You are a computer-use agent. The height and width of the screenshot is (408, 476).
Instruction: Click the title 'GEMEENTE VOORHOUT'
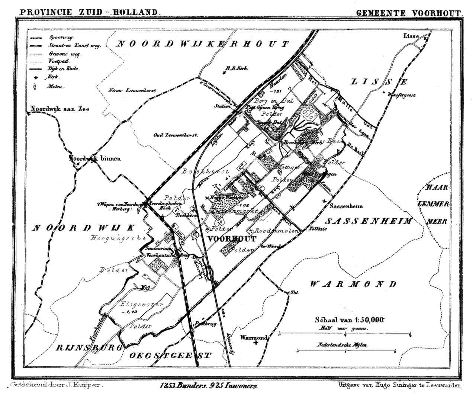(409, 12)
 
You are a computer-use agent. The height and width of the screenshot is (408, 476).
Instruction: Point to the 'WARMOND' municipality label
(353, 285)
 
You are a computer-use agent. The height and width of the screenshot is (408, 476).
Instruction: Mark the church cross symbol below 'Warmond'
(255, 344)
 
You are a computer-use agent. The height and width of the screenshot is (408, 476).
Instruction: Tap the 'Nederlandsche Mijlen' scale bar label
(341, 345)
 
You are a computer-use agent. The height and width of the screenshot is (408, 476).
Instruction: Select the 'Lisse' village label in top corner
(411, 36)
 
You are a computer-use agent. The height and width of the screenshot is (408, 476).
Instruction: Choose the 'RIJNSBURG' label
(89, 348)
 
